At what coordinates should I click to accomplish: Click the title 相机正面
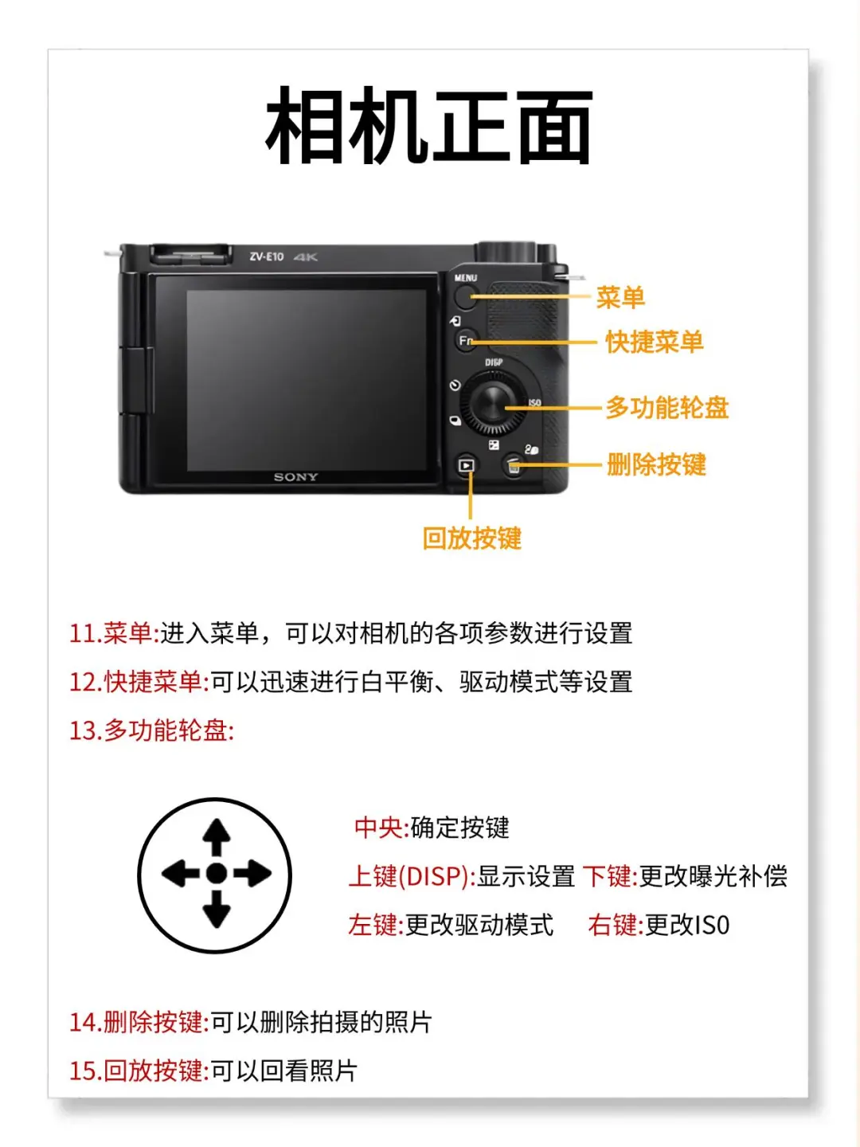click(428, 126)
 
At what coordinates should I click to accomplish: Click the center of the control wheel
click(492, 403)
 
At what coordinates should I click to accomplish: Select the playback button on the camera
click(467, 464)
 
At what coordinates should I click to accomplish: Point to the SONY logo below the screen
click(295, 476)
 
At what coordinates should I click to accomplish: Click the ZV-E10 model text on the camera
click(266, 256)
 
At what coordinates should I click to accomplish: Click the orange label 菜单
click(620, 298)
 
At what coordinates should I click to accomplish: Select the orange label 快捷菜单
click(655, 343)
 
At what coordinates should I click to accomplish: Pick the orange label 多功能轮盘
click(666, 408)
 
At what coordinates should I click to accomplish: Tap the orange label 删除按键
click(656, 464)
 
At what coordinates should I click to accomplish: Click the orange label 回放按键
click(471, 538)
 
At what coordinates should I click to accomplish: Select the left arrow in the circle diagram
click(180, 873)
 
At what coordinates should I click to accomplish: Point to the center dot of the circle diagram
click(216, 873)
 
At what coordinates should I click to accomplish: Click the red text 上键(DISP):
click(412, 876)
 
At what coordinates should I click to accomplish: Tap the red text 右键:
click(616, 925)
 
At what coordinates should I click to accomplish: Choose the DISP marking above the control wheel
click(494, 362)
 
